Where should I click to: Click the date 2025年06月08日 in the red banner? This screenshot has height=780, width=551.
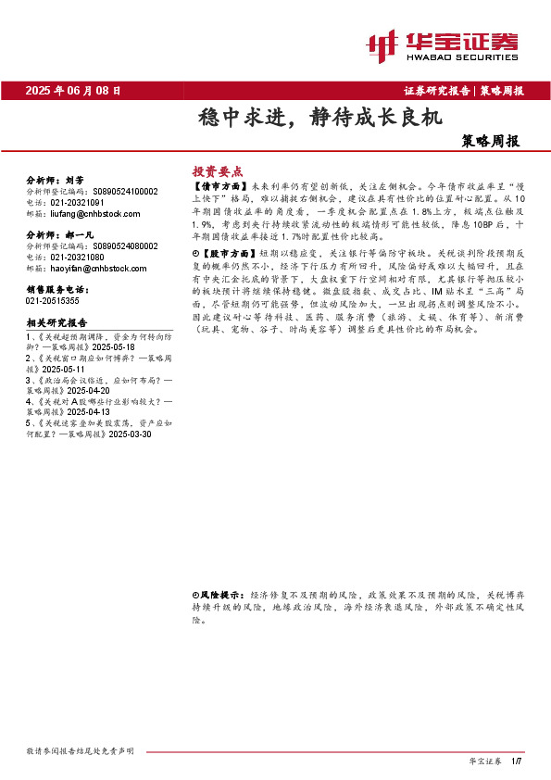[73, 91]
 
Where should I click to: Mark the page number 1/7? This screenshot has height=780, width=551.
[518, 761]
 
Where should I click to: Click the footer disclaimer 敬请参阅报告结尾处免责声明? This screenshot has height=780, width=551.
[81, 750]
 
